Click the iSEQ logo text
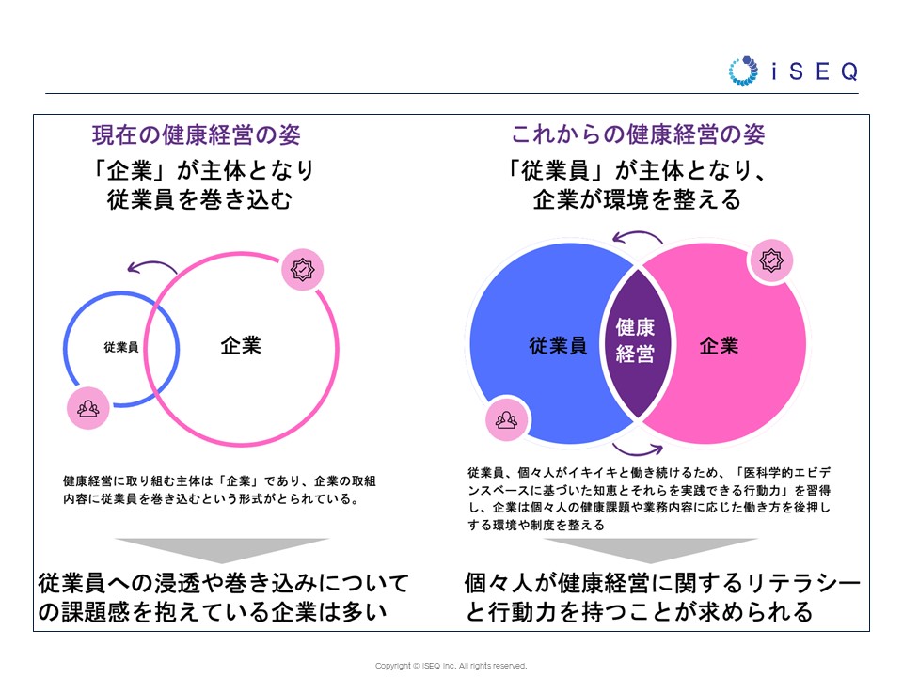tap(815, 71)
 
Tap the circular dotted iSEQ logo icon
tap(743, 71)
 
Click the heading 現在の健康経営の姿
tap(197, 134)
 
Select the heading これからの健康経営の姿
tap(638, 134)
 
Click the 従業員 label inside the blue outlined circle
tap(121, 347)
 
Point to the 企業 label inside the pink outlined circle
tap(241, 345)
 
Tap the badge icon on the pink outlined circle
tap(302, 270)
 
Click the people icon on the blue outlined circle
tap(88, 408)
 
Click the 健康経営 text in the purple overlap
tap(635, 340)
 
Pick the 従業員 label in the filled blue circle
tap(558, 345)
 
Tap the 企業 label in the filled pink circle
tap(719, 345)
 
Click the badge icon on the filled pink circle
tap(771, 260)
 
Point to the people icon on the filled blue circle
tap(506, 419)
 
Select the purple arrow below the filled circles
tap(637, 450)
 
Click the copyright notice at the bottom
tap(451, 666)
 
